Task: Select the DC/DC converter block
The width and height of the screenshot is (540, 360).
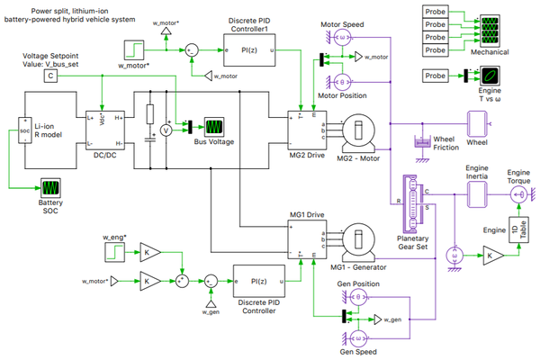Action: point(106,131)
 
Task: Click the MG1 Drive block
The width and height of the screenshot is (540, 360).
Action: point(301,242)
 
